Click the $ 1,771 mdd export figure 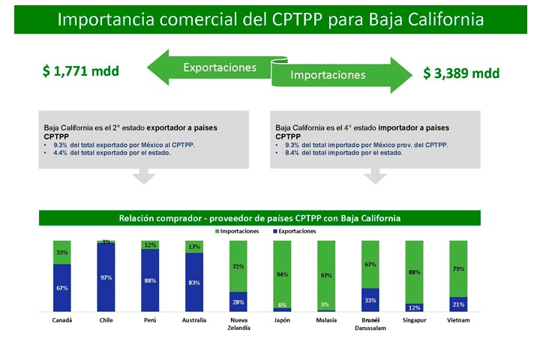pyautogui.click(x=81, y=71)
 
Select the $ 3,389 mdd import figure pyautogui.click(x=461, y=73)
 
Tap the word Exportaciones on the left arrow pyautogui.click(x=220, y=67)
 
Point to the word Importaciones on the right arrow pyautogui.click(x=328, y=75)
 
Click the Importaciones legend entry pyautogui.click(x=237, y=231)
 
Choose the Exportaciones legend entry pyautogui.click(x=295, y=231)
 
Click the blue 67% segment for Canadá pyautogui.click(x=62, y=288)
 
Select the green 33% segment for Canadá pyautogui.click(x=62, y=253)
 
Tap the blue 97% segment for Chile pyautogui.click(x=106, y=277)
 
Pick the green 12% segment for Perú pyautogui.click(x=150, y=245)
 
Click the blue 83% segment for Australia pyautogui.click(x=194, y=282)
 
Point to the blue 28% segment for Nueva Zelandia pyautogui.click(x=238, y=301)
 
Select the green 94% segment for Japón pyautogui.click(x=283, y=274)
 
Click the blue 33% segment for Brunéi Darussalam pyautogui.click(x=370, y=300)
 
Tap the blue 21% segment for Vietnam pyautogui.click(x=458, y=304)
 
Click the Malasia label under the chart pyautogui.click(x=326, y=320)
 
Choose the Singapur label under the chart pyautogui.click(x=414, y=320)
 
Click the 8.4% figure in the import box pyautogui.click(x=292, y=152)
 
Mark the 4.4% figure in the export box pyautogui.click(x=60, y=152)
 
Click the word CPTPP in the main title pyautogui.click(x=297, y=19)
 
